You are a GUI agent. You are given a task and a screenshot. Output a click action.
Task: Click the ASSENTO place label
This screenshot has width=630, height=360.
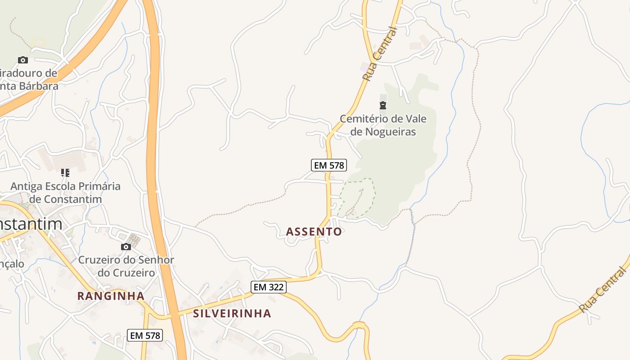point(314,232)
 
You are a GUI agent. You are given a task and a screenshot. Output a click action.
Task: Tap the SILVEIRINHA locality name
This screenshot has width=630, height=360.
point(232,314)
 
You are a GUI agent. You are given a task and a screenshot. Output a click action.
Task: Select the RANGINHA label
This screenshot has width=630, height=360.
point(111,296)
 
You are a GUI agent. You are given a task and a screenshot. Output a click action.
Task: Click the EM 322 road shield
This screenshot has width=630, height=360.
point(269,287)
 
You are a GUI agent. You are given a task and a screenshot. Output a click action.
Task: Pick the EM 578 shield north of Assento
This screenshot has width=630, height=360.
point(329,165)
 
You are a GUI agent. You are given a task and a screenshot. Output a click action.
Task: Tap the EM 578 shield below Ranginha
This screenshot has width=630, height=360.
point(144,335)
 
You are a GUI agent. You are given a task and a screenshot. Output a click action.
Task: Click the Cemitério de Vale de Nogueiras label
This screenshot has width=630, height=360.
point(382,126)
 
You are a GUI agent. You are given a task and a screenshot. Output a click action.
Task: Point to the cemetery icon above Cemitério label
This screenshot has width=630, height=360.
point(382,106)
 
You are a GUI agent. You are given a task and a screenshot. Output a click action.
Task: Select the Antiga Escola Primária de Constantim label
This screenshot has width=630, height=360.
point(65,193)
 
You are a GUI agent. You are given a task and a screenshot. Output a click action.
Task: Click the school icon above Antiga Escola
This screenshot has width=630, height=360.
point(65,172)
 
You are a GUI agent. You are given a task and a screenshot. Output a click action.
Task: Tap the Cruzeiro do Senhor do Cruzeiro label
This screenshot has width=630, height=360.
point(126,266)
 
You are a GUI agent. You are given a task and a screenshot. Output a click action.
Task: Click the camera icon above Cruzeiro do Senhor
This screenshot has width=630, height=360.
point(126,247)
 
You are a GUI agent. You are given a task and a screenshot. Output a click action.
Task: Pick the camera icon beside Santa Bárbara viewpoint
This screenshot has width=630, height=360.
point(22,60)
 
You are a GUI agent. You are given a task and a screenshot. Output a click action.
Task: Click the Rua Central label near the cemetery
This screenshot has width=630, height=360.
point(380,54)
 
